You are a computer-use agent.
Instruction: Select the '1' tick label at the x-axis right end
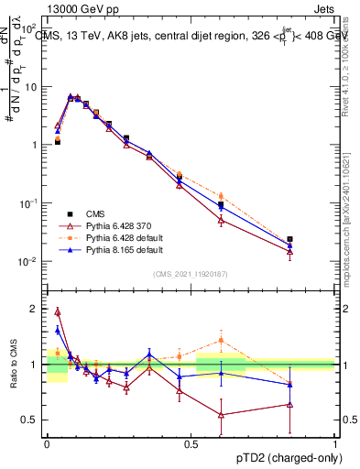click(335, 443)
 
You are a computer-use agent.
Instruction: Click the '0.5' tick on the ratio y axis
click(32, 420)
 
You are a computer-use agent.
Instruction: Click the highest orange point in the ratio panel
click(221, 341)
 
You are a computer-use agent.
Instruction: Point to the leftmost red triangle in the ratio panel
click(57, 311)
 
